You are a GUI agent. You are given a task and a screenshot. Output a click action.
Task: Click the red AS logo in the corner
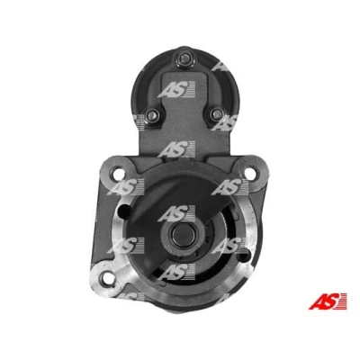[328, 301]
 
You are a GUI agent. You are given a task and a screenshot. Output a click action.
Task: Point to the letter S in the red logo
[332, 301]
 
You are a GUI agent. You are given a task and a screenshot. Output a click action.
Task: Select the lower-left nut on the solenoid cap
[153, 115]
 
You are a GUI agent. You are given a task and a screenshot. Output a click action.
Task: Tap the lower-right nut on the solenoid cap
[216, 114]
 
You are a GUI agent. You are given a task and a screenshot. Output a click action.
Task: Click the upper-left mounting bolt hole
[119, 174]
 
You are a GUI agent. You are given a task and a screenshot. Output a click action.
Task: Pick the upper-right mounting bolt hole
[250, 174]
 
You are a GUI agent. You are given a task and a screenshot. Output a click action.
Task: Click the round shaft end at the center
[183, 233]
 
